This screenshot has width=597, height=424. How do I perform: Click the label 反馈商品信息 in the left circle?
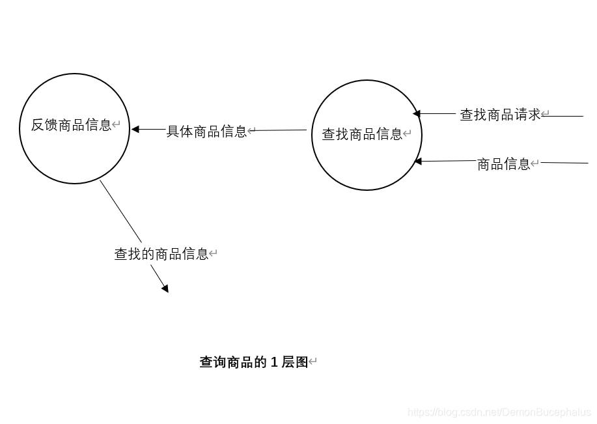pos(72,125)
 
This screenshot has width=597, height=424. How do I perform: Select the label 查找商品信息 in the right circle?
pos(362,134)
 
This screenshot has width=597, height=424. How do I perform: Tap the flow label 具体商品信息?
pos(206,132)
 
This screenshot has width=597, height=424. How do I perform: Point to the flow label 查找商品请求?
pos(500,115)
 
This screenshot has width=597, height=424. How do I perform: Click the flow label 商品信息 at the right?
pos(503,164)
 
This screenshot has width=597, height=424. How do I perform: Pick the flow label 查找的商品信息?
pos(161,254)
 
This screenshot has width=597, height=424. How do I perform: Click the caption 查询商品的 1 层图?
pos(253,362)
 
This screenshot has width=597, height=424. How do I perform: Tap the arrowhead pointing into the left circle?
pos(135,130)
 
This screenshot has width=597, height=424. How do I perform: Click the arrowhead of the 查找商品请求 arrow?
pos(417,114)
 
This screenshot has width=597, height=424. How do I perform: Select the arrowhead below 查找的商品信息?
pos(165,289)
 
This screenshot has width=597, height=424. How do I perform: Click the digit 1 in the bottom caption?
pos(274,362)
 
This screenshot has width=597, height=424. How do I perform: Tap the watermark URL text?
pos(499,412)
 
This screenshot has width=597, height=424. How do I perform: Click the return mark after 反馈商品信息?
pos(117,124)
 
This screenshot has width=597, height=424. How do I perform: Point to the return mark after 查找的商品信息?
pos(213,254)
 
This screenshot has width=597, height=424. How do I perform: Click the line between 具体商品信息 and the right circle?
pos(280,130)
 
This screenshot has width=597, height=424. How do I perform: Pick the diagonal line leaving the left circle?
pos(120,211)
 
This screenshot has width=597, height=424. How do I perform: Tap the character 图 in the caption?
pos(301,362)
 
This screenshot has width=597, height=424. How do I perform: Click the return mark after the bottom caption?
pos(313,362)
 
